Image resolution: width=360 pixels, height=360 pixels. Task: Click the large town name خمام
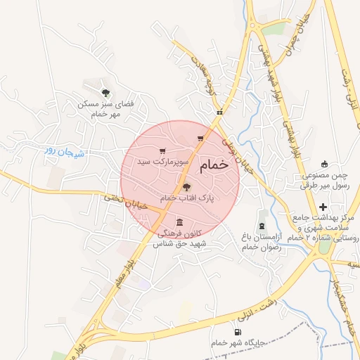click(x=214, y=165)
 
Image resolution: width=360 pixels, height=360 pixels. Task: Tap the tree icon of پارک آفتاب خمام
click(x=186, y=187)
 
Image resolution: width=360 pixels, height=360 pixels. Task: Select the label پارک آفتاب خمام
click(x=187, y=199)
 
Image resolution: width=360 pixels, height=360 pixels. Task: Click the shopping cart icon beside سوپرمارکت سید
click(x=163, y=151)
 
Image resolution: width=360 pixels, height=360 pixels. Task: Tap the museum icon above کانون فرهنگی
click(x=179, y=221)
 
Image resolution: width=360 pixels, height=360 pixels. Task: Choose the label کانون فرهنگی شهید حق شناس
click(x=182, y=237)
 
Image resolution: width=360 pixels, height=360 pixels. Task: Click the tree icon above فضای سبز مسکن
click(x=105, y=92)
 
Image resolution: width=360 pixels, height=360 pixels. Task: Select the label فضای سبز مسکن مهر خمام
click(x=105, y=108)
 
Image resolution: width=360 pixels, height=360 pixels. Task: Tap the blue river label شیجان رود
click(x=63, y=150)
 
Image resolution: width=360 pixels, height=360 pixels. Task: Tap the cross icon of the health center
click(x=323, y=207)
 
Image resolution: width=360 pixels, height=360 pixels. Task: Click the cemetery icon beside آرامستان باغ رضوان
click(x=262, y=226)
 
